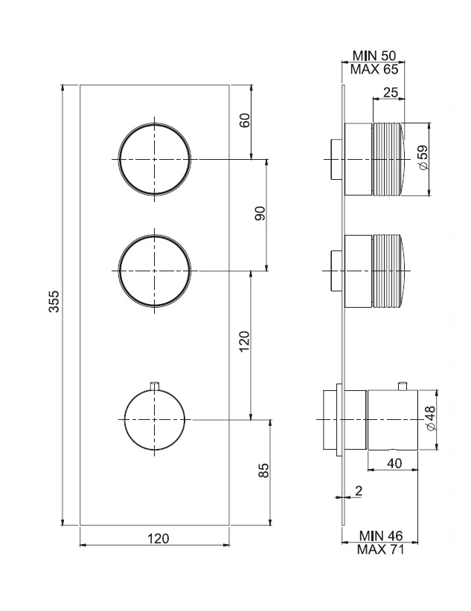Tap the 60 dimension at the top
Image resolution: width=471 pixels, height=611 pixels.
(245, 120)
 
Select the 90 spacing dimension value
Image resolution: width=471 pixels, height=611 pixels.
(260, 213)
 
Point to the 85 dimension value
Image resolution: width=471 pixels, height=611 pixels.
(264, 471)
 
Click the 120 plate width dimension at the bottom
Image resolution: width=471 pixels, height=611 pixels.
(158, 538)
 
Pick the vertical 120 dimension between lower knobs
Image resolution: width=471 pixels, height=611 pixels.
(244, 341)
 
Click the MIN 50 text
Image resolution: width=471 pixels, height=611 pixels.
(374, 55)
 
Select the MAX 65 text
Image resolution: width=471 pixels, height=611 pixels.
(374, 69)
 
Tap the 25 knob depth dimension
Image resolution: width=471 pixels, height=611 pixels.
(391, 92)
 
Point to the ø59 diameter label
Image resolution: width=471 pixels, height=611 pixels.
(423, 158)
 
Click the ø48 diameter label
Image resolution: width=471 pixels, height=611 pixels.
(429, 418)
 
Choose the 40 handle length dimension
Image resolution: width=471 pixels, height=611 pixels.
(394, 463)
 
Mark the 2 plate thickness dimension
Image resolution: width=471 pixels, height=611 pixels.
(359, 491)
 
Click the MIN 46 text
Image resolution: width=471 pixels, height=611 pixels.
(381, 535)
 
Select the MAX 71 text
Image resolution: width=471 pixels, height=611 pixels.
(381, 549)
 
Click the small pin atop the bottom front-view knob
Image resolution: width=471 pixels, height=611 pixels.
(155, 385)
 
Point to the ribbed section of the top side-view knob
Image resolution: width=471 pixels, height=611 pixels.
(389, 159)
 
